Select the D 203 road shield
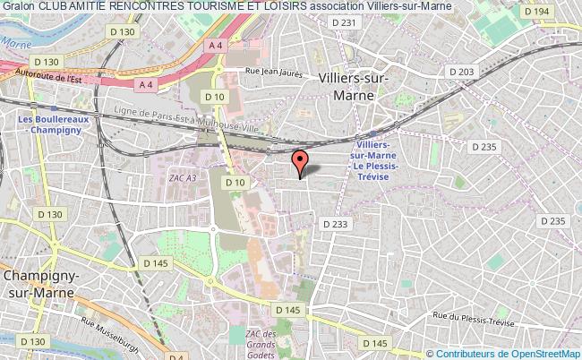461,72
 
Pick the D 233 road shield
334,224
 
